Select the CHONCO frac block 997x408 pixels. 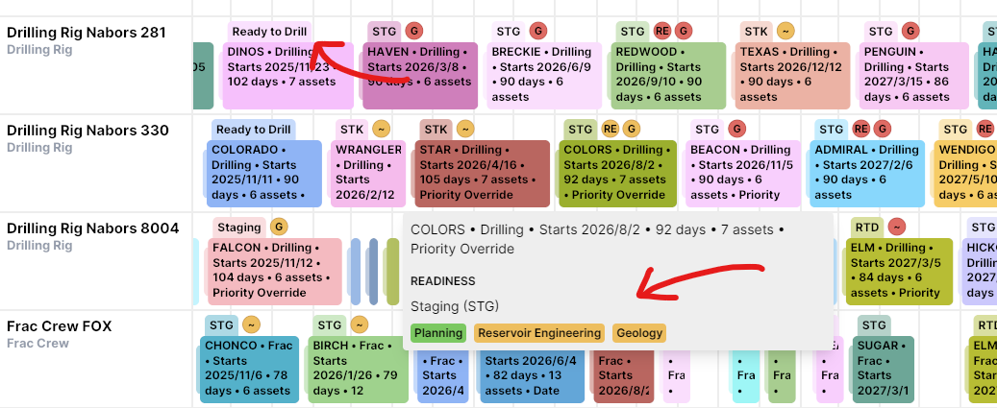249,369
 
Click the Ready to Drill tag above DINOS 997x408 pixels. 269,32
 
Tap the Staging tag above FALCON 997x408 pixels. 238,228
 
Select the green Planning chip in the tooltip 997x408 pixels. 438,333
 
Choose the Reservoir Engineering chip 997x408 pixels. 539,333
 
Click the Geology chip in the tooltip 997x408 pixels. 639,333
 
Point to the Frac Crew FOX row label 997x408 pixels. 60,326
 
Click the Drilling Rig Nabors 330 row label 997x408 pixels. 87,131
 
